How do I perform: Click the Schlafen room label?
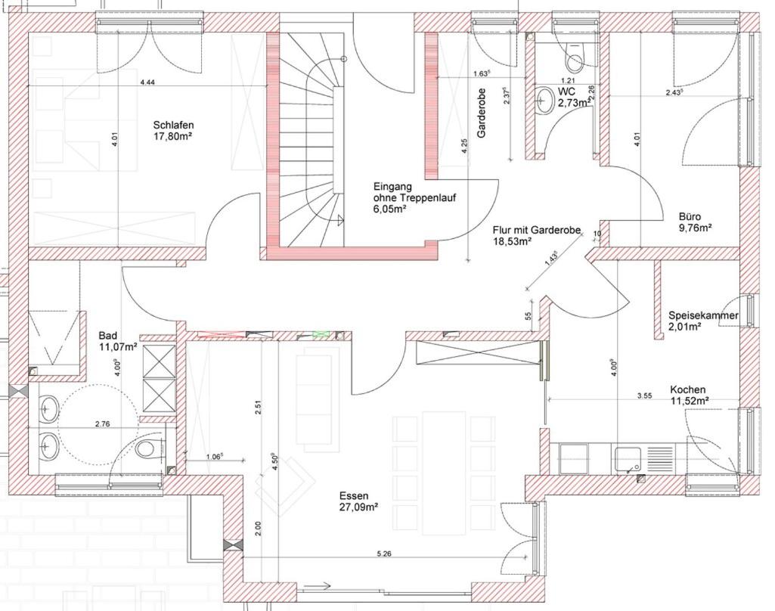coord(173,125)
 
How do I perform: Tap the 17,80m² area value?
coord(173,135)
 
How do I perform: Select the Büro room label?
coord(690,217)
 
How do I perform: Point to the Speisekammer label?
coord(703,315)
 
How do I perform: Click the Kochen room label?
coord(687,390)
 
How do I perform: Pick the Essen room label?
coord(353,496)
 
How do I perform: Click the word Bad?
coord(108,337)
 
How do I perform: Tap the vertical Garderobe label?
coord(482,113)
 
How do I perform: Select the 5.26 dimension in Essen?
coord(383,554)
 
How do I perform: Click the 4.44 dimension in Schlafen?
coord(147,82)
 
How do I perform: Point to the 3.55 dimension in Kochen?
coord(644,395)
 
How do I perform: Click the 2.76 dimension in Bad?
coord(102,423)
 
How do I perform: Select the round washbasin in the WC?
coord(545,101)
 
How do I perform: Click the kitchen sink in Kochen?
coord(627,458)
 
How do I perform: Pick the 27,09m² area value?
coord(359,507)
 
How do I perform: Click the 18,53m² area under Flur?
coord(512,241)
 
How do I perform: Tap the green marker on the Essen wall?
coord(321,333)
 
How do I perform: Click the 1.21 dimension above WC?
coord(567,80)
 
